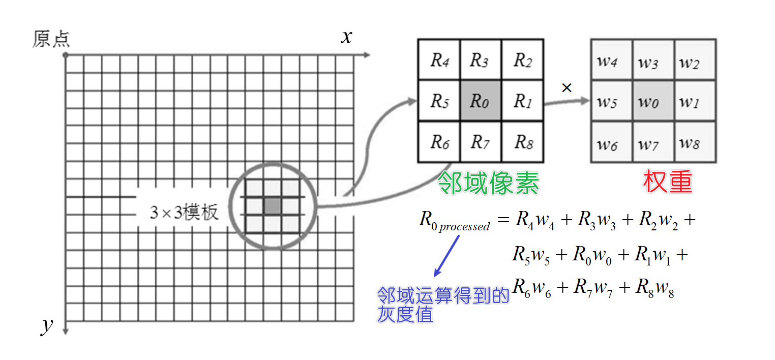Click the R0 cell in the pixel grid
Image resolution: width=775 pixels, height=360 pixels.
tap(480, 101)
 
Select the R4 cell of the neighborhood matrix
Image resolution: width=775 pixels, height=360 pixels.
tap(438, 60)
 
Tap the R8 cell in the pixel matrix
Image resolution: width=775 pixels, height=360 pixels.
tap(523, 142)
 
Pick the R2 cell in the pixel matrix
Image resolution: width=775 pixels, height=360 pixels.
tap(523, 60)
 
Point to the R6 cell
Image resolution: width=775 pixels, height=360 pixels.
tap(438, 142)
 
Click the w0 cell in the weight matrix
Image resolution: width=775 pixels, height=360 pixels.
tap(653, 101)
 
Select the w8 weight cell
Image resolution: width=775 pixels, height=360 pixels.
tap(695, 142)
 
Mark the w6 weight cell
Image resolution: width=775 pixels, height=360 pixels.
tap(611, 142)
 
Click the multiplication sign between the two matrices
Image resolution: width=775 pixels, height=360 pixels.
tap(567, 88)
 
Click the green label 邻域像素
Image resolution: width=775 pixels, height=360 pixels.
tap(488, 183)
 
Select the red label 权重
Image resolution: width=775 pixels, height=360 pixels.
tap(668, 182)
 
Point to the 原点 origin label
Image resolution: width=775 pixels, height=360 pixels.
tap(51, 39)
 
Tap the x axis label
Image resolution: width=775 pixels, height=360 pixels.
tap(346, 37)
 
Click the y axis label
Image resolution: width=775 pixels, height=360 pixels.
tap(47, 326)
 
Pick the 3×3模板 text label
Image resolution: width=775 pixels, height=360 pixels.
tap(184, 212)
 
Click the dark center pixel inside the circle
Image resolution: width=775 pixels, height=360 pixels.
tap(272, 205)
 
